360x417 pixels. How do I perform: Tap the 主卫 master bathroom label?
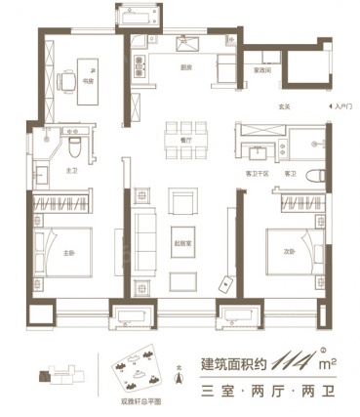point(44,171)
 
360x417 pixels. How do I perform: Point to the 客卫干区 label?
point(256,174)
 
